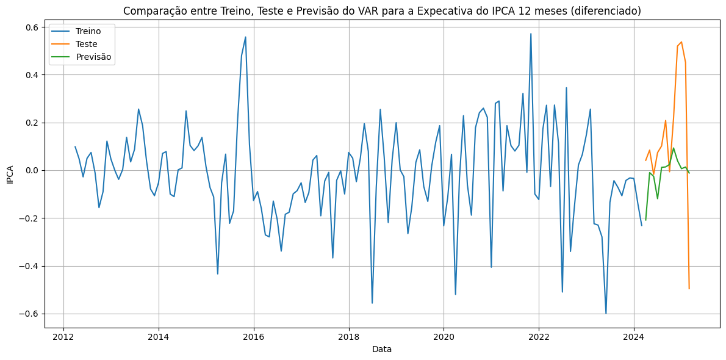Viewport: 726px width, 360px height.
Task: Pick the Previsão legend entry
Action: [93, 57]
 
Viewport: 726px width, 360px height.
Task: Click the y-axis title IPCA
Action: [10, 174]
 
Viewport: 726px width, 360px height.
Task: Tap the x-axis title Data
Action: [382, 350]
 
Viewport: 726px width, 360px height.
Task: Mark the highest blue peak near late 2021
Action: [531, 34]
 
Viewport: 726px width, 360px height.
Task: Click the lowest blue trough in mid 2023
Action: [606, 313]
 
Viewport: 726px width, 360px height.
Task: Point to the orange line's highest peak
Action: [681, 42]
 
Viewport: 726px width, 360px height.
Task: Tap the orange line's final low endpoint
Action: [689, 289]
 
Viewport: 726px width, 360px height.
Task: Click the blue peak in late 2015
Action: [246, 37]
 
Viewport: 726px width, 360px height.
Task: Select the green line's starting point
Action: [645, 220]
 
